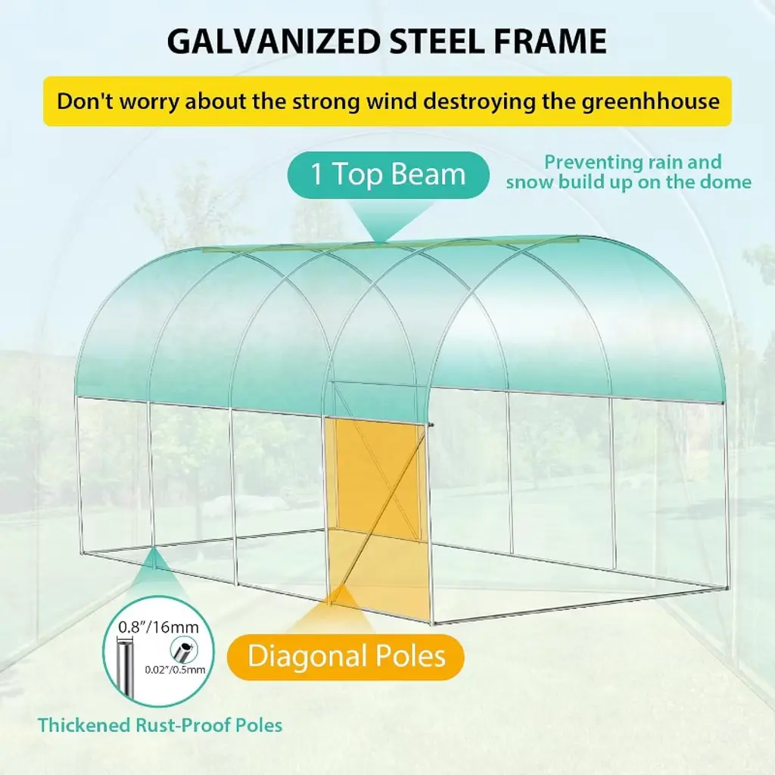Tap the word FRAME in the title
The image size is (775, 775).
point(550,41)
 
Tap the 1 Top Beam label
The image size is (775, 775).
point(388,175)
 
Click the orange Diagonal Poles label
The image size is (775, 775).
point(345,657)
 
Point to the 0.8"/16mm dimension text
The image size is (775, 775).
point(158,627)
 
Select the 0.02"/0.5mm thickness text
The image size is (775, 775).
point(175,670)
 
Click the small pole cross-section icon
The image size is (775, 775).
point(183,649)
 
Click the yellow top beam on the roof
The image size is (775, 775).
point(391,244)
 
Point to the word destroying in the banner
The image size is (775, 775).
point(479,102)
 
